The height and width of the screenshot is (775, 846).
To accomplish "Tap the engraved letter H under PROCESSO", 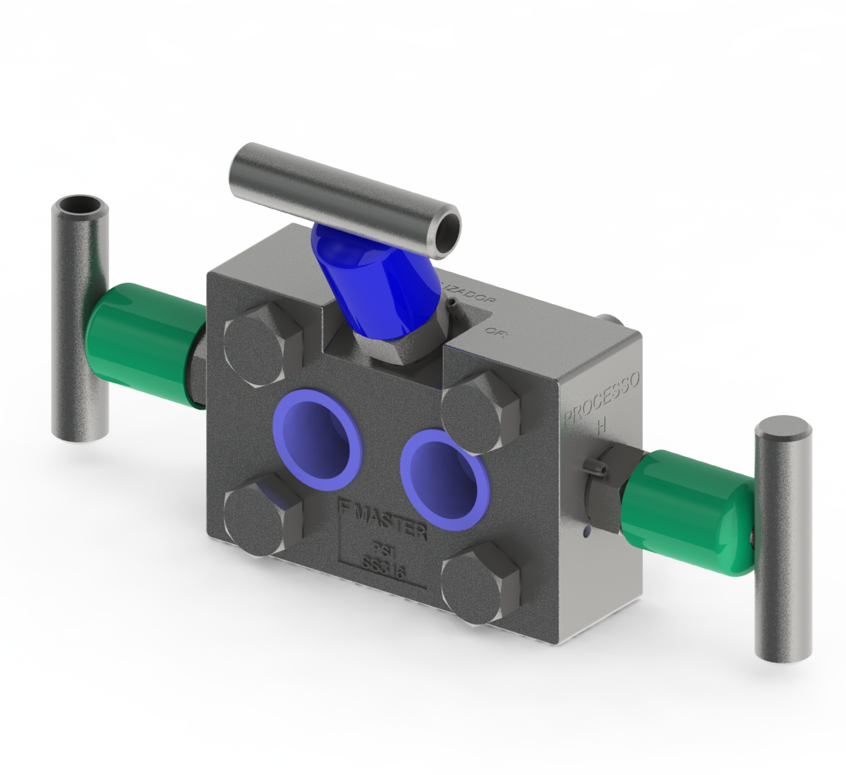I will pos(601,426).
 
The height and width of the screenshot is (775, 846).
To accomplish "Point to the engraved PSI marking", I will pos(381,548).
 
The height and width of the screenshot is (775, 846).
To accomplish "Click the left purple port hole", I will pos(316,439).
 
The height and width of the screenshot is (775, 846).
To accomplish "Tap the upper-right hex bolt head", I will pos(481,412).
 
